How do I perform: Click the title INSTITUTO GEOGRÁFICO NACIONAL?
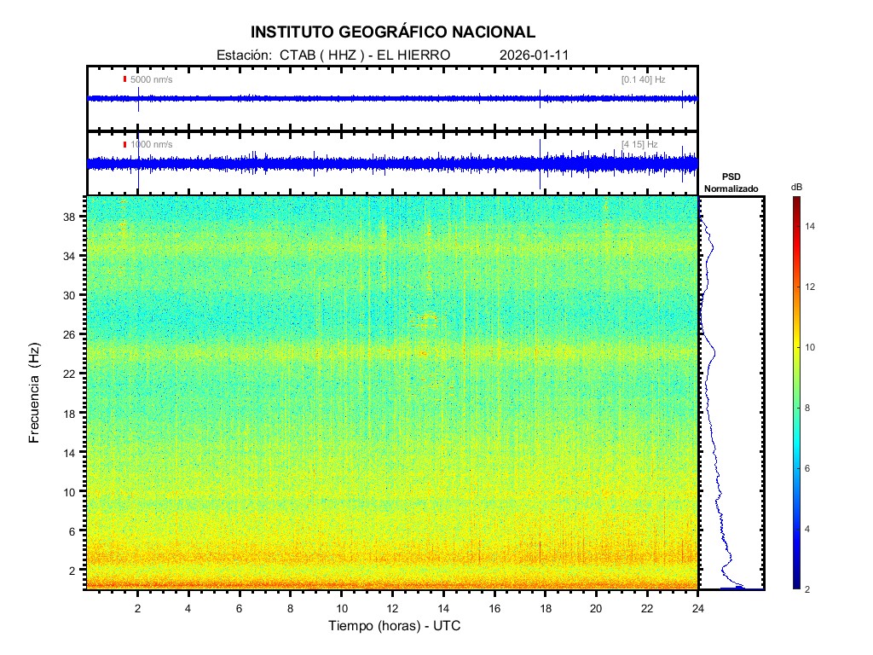[x=393, y=32]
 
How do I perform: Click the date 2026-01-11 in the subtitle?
[x=534, y=55]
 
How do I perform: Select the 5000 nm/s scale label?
[x=151, y=79]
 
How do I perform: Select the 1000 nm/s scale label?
[x=151, y=145]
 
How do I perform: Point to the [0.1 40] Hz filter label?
[x=643, y=79]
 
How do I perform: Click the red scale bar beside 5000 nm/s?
[x=124, y=79]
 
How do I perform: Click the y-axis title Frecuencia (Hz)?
[x=35, y=393]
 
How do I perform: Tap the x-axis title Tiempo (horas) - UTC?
[x=396, y=625]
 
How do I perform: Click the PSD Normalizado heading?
[x=731, y=182]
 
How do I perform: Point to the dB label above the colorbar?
[x=796, y=186]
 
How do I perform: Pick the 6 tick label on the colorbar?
[x=810, y=469]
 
